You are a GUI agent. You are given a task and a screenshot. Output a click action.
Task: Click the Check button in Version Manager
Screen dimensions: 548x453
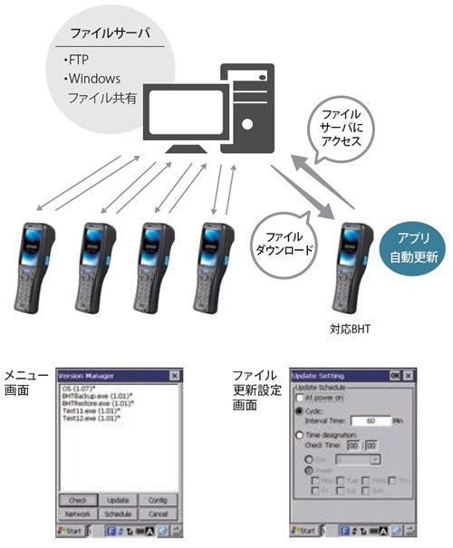78,499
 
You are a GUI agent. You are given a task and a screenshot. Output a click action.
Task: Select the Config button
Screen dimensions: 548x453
157,499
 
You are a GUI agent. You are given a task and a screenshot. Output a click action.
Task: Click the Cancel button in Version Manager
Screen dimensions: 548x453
157,512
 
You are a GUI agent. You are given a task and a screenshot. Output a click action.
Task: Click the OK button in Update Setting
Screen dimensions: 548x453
394,375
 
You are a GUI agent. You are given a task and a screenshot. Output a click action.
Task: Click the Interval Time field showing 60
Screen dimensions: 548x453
372,420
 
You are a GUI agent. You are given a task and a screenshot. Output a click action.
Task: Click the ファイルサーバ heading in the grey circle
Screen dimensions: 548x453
107,36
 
